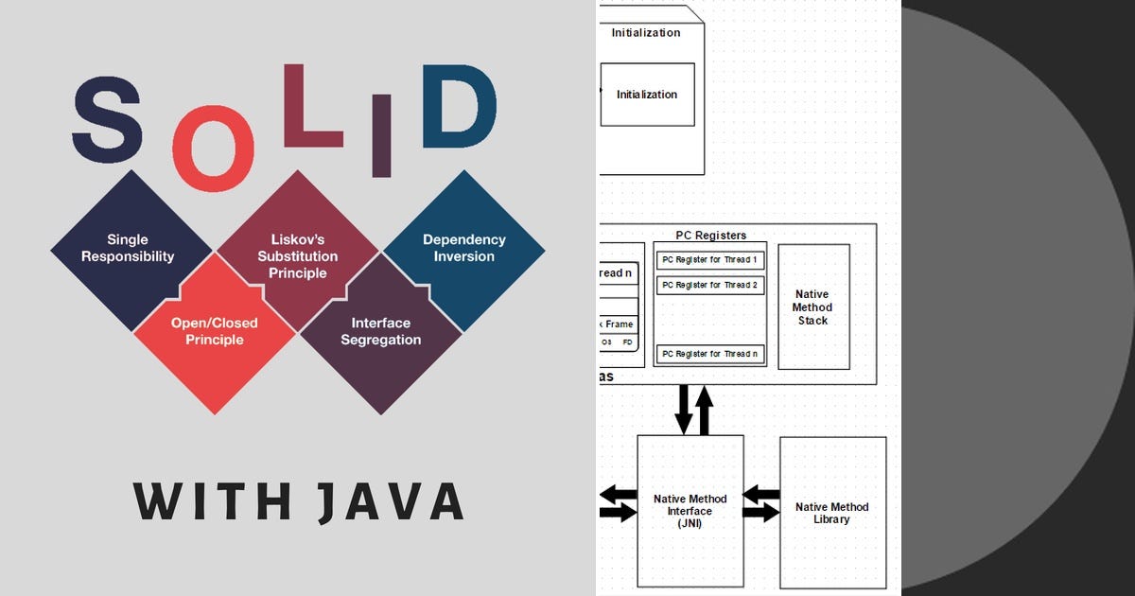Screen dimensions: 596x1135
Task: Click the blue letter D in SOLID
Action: pyautogui.click(x=458, y=109)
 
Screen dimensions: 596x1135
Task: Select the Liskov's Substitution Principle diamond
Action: pyautogui.click(x=298, y=255)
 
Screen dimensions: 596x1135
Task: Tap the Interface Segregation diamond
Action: pyautogui.click(x=381, y=333)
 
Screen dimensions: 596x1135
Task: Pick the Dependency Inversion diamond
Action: pyautogui.click(x=464, y=248)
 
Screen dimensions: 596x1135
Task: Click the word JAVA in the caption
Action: pyautogui.click(x=391, y=502)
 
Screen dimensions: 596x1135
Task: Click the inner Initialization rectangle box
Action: pyautogui.click(x=647, y=95)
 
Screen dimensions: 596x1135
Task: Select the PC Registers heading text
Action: pyautogui.click(x=710, y=236)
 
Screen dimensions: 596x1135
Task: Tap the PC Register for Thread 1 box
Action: pyautogui.click(x=710, y=259)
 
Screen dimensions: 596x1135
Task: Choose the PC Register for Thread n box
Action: pyautogui.click(x=710, y=354)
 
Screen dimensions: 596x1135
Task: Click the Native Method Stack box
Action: pyautogui.click(x=812, y=307)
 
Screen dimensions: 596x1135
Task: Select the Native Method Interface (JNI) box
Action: pyautogui.click(x=690, y=511)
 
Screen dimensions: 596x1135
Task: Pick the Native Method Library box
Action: pyautogui.click(x=831, y=513)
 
